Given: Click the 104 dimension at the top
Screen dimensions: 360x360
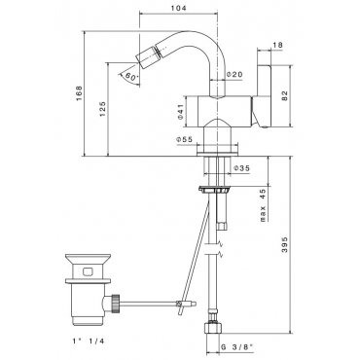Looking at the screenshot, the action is (179, 8).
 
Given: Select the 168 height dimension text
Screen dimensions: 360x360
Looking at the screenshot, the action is (79, 93).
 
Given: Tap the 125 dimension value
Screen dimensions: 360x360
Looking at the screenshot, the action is (102, 109).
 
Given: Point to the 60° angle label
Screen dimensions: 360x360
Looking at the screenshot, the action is (131, 78).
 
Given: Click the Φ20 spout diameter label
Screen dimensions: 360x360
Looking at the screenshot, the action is (234, 75).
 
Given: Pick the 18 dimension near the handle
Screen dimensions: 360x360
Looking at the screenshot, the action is (277, 45).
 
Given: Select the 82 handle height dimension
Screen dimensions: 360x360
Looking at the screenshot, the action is (284, 96).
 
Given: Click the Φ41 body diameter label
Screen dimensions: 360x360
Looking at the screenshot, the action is (181, 112).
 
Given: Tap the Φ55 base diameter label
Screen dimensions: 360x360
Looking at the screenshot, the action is (184, 139).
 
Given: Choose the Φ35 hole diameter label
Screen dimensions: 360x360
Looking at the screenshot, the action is (241, 168).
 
